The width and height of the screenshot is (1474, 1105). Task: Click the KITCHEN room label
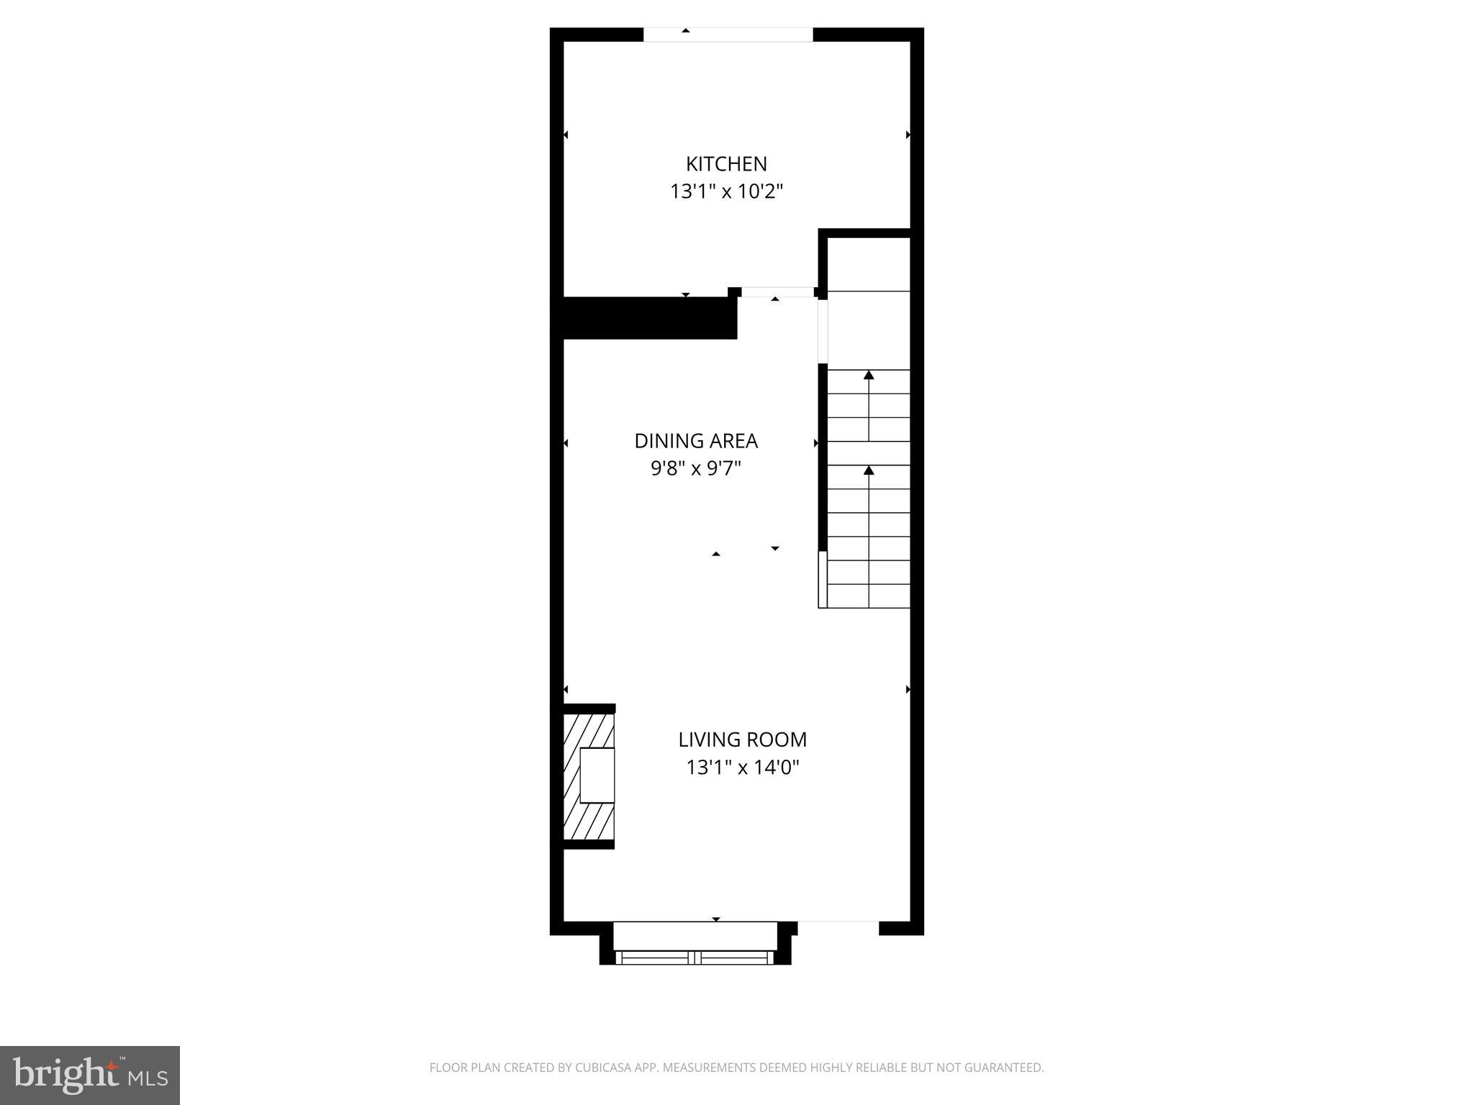[x=726, y=164]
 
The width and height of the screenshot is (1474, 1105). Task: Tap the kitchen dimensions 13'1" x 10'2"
[x=726, y=192]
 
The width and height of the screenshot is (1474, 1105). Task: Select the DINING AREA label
[x=696, y=441]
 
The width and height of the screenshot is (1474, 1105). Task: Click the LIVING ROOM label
[x=742, y=740]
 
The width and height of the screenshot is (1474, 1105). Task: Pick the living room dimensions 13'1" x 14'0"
[x=742, y=768]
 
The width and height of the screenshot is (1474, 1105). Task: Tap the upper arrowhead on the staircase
[x=869, y=375]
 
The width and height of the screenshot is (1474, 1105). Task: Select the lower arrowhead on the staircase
[x=869, y=470]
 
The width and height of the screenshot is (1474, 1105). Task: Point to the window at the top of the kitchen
[x=728, y=35]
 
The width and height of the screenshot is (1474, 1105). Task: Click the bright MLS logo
[x=90, y=1076]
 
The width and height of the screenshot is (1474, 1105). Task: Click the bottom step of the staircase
[x=869, y=596]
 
